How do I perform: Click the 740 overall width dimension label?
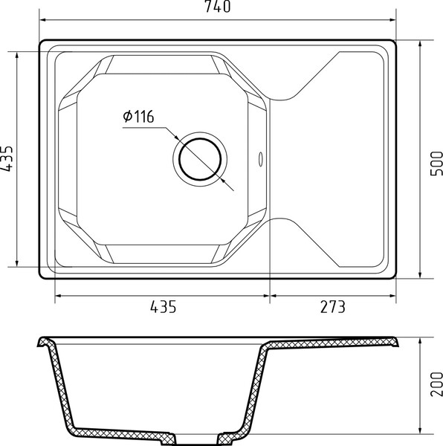(x=218, y=7)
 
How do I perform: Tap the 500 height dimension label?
(x=437, y=164)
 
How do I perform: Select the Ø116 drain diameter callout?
(x=138, y=117)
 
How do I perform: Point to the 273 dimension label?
(x=333, y=307)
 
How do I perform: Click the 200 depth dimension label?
(x=437, y=384)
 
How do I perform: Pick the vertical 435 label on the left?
(x=6, y=159)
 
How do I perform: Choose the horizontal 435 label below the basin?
(x=164, y=307)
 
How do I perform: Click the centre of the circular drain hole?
(x=200, y=159)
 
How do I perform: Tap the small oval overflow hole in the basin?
(x=260, y=159)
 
